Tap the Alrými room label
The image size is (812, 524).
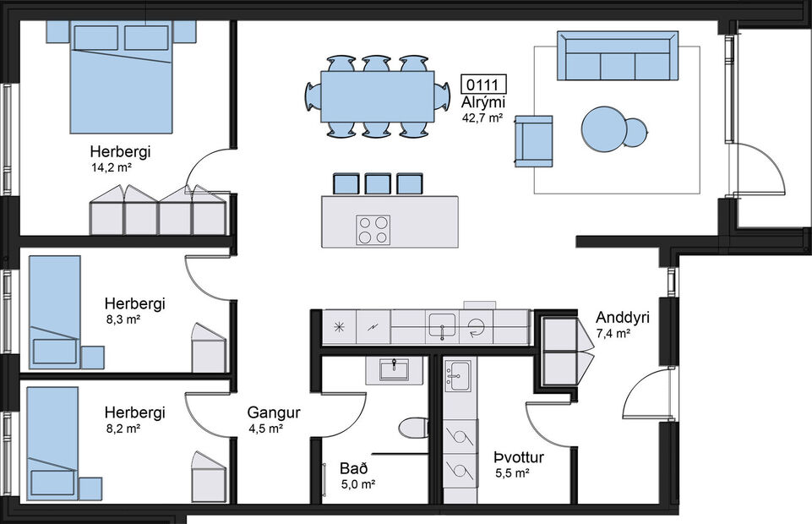pyautogui.click(x=482, y=102)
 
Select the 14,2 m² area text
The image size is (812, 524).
pyautogui.click(x=112, y=167)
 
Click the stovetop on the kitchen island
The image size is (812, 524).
pyautogui.click(x=373, y=229)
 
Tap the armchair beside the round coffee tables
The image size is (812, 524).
pyautogui.click(x=533, y=140)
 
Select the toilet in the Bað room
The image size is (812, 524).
pyautogui.click(x=411, y=427)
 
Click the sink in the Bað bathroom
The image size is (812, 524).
pyautogui.click(x=394, y=369)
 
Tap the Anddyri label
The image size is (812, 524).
pyautogui.click(x=622, y=318)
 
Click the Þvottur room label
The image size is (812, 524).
pyautogui.click(x=518, y=458)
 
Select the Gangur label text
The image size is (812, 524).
pyautogui.click(x=274, y=413)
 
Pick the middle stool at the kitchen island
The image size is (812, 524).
pyautogui.click(x=378, y=184)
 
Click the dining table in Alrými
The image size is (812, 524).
pyautogui.click(x=377, y=96)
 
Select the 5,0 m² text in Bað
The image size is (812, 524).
pyautogui.click(x=357, y=484)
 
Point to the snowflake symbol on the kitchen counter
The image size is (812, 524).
pyautogui.click(x=340, y=326)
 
